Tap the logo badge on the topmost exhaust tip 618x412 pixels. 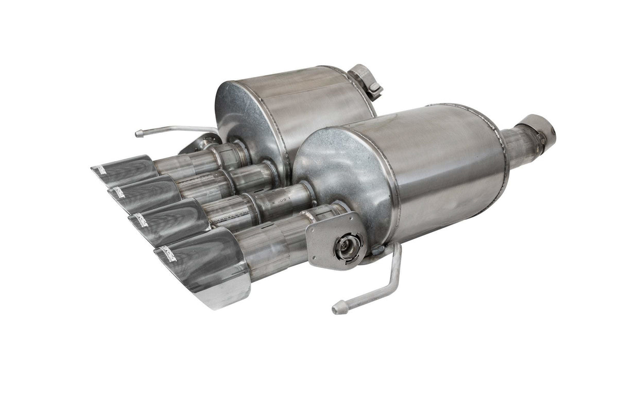[100, 169]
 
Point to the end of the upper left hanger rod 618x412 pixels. [138, 134]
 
